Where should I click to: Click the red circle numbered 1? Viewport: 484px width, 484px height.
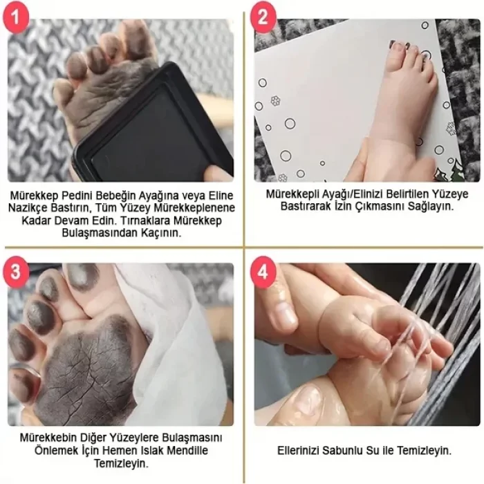tap(15, 17)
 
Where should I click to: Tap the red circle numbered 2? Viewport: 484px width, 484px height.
tap(263, 17)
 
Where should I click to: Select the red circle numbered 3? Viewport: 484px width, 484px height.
tap(15, 272)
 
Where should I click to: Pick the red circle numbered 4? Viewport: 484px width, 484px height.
tap(263, 272)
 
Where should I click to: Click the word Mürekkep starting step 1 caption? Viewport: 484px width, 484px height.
tap(35, 196)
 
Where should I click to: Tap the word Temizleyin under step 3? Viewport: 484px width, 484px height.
tap(121, 463)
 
